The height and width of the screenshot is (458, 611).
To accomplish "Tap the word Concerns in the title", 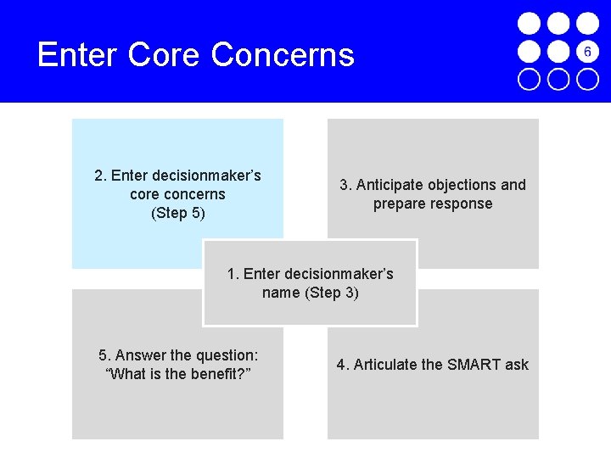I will tap(283, 55).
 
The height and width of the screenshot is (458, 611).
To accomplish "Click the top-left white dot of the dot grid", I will tap(529, 23).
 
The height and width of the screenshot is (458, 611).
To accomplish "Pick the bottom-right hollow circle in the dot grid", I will tap(587, 79).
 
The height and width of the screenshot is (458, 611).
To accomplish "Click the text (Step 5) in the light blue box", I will tap(177, 213).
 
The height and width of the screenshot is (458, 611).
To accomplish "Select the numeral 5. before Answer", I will tap(104, 355).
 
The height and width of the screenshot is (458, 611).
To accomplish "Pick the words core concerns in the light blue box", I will tap(177, 194).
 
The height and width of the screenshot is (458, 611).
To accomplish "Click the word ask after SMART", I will tap(517, 365).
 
